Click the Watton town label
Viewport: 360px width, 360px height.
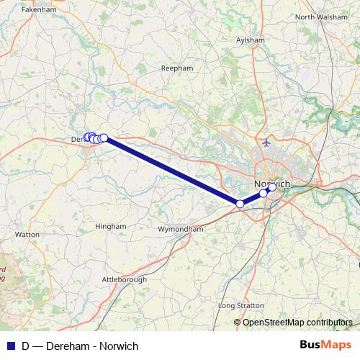coord(27,234)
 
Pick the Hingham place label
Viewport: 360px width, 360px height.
coord(110,225)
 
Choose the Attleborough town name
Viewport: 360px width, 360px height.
coord(125,279)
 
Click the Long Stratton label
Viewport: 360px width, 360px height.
coord(240,305)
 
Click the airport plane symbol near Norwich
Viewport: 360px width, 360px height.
coord(267,142)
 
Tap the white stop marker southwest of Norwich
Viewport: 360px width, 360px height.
coord(240,204)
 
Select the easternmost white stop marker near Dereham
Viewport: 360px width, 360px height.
coord(104,138)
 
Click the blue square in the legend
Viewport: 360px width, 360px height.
coord(10,346)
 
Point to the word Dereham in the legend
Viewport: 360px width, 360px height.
coord(68,346)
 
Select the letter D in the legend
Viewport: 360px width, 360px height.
coord(26,346)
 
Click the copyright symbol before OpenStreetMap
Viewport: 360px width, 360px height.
coord(238,322)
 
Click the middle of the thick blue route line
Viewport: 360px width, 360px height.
coord(172,171)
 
